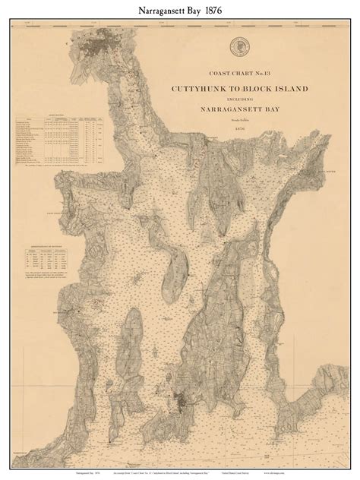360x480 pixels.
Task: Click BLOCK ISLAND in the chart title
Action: tap(281, 89)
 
